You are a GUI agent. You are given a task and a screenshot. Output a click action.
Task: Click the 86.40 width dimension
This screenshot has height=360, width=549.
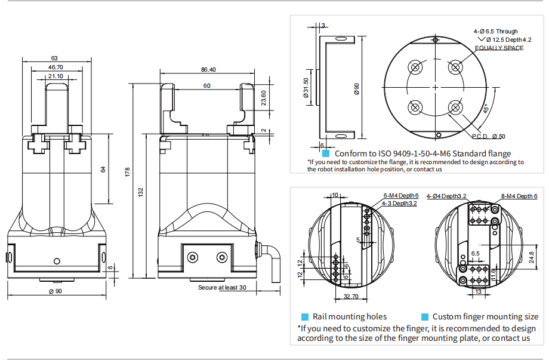tap(208, 70)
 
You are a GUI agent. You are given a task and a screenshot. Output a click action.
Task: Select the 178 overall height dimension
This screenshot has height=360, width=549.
tap(128, 173)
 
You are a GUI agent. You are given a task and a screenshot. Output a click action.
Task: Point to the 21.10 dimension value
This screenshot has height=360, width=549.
tap(55, 76)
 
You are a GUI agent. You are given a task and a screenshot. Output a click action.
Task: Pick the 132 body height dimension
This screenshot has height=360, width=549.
tap(141, 192)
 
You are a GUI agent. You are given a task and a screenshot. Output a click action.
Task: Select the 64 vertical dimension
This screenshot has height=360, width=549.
tap(103, 170)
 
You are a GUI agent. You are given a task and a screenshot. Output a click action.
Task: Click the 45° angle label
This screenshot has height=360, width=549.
tap(486, 109)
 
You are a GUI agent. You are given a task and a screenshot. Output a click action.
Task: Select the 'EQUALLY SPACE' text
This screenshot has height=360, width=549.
tap(499, 48)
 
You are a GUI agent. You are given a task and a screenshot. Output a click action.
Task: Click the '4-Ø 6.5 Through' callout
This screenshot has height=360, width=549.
tap(495, 31)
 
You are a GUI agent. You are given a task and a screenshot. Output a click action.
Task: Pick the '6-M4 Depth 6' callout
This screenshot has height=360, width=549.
tap(400, 196)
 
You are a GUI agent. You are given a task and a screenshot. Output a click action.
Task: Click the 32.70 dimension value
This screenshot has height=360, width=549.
tap(351, 296)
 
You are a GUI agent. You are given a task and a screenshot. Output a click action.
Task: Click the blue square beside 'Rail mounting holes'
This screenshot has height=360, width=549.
tap(305, 317)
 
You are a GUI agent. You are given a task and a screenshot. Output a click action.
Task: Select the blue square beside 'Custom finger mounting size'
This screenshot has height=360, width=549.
tap(425, 317)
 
